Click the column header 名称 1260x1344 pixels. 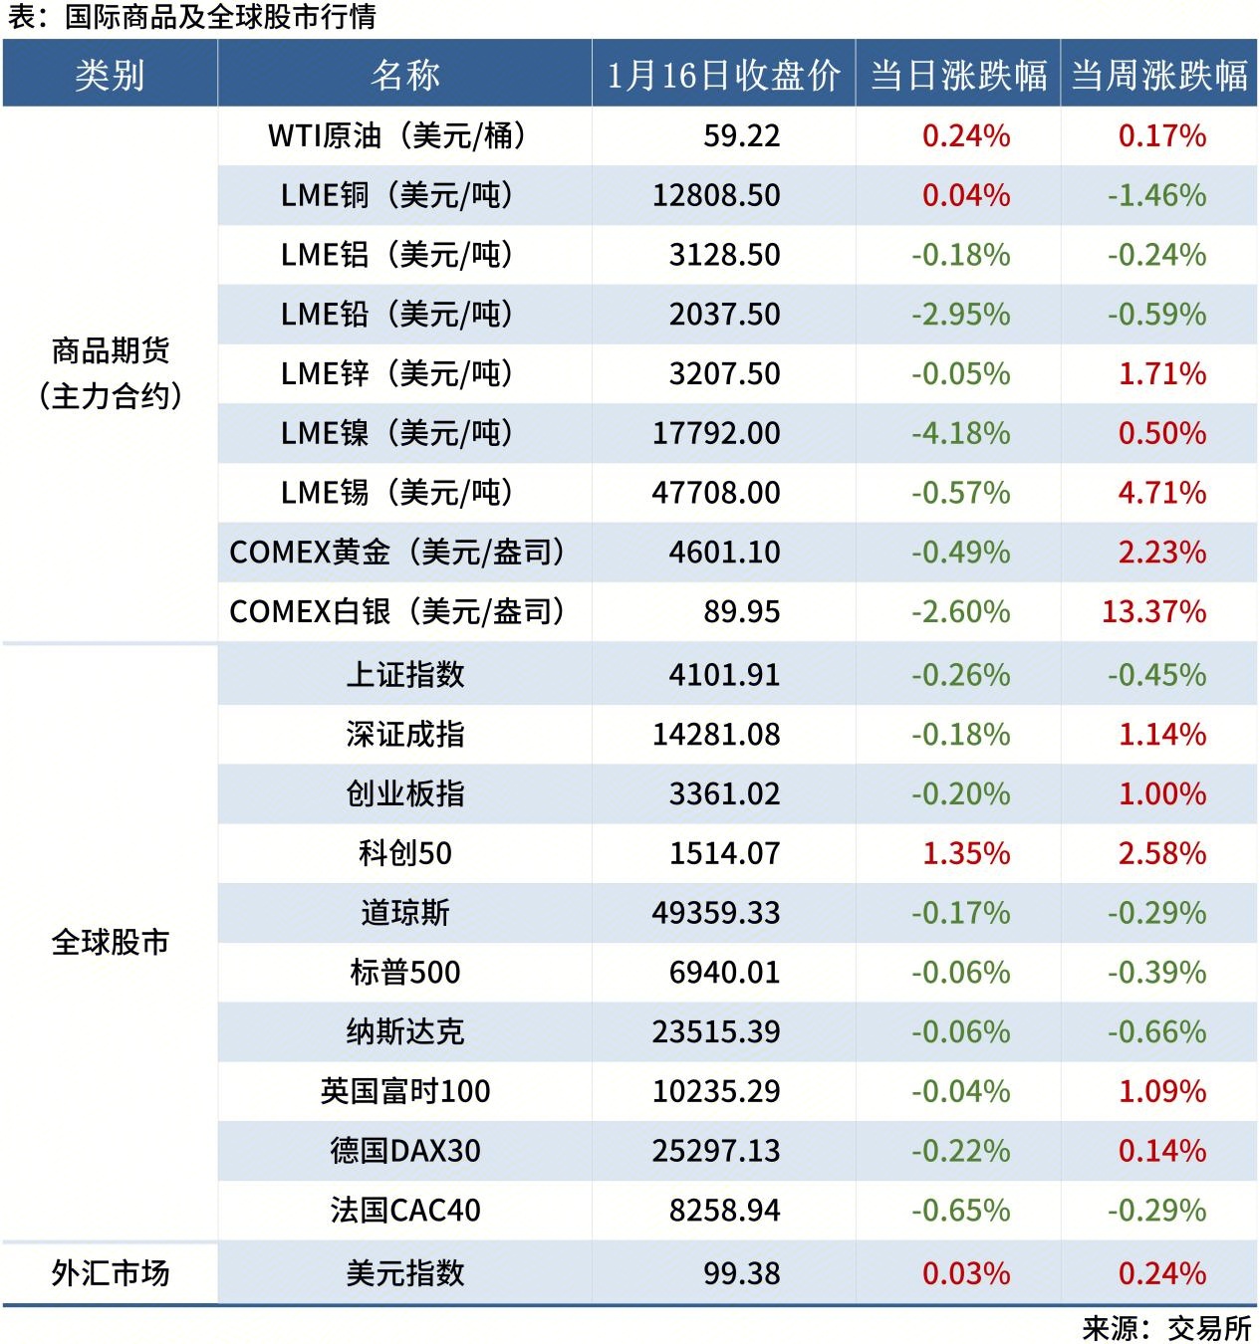(404, 75)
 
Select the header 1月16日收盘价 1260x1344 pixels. (723, 75)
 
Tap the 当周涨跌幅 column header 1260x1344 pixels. (1158, 75)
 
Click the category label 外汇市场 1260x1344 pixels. (110, 1272)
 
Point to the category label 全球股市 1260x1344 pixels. (110, 942)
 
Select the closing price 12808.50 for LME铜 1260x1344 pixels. (716, 195)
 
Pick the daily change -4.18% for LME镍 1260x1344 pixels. (960, 433)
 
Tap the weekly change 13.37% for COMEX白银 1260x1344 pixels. (1153, 611)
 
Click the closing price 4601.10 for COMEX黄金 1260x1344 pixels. (724, 552)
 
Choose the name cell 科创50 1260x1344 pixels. (404, 853)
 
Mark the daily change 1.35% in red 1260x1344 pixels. (966, 853)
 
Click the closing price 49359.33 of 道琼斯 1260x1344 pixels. (716, 913)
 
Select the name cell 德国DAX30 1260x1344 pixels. (404, 1151)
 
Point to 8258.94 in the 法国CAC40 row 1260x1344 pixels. (724, 1211)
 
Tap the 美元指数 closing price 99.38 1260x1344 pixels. (741, 1273)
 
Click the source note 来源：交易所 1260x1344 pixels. (1166, 1327)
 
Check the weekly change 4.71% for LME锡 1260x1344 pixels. (1161, 493)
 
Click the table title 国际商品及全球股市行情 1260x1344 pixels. (219, 17)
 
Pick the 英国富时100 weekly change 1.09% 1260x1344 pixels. (1161, 1091)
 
